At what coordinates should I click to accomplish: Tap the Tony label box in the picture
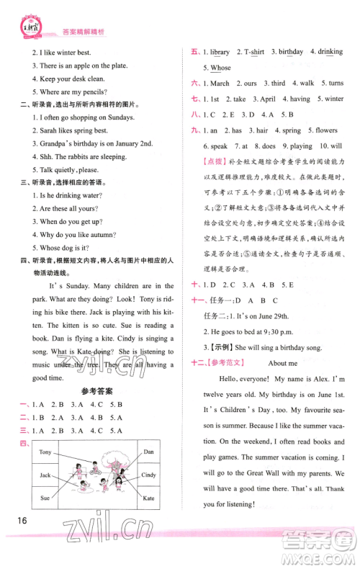click(x=45, y=452)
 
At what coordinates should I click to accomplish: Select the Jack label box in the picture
click(x=45, y=475)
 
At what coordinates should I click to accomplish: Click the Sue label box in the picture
click(x=45, y=498)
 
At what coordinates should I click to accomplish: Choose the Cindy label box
click(x=149, y=475)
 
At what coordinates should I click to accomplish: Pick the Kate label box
click(x=149, y=498)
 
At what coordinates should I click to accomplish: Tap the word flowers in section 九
click(x=325, y=131)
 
